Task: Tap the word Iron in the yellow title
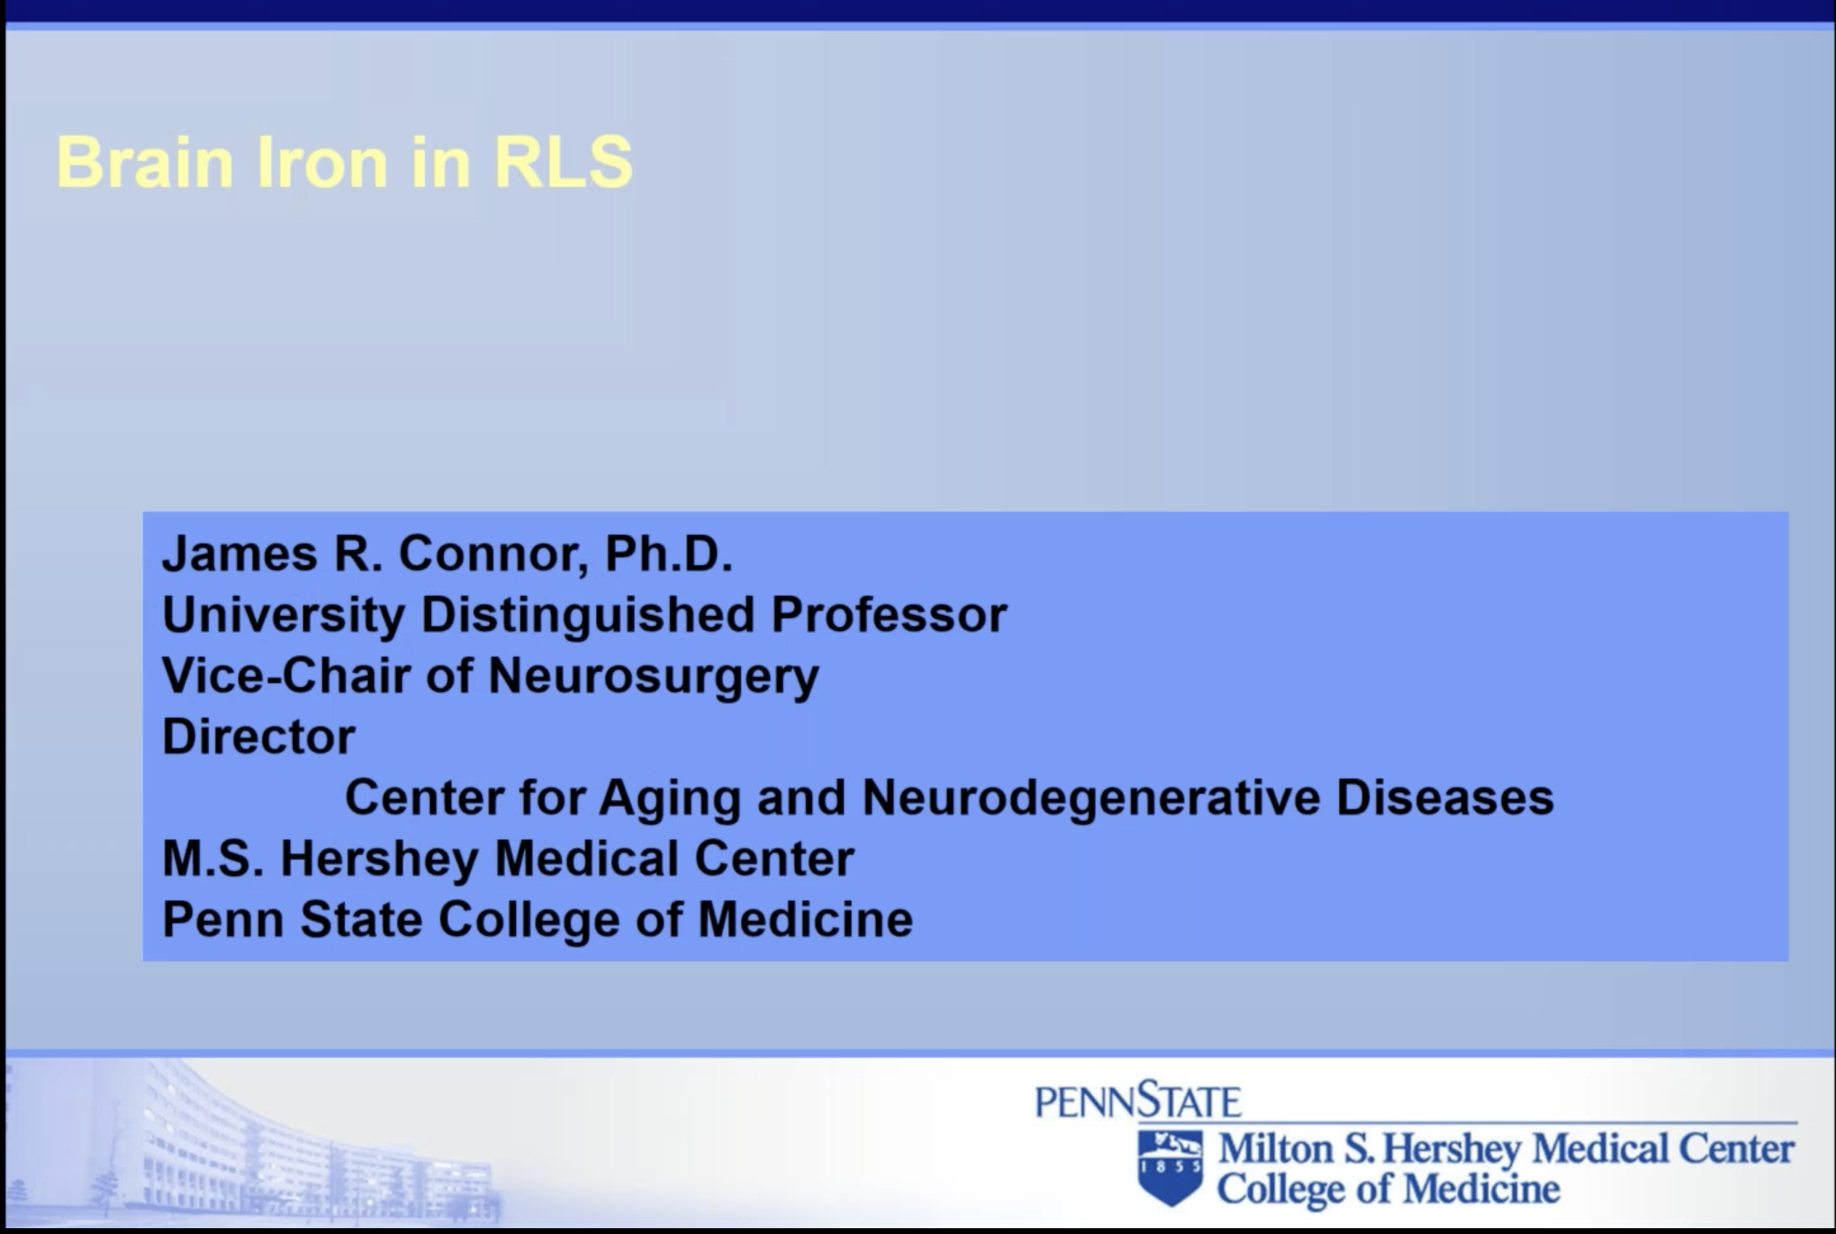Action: coord(322,162)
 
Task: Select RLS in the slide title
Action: coord(563,162)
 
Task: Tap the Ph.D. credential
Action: coord(668,553)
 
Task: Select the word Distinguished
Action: coord(589,616)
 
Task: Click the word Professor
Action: coord(889,615)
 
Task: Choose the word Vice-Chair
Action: coord(287,675)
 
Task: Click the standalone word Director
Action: coord(259,737)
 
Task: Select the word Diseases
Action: coord(1445,797)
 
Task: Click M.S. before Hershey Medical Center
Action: coord(213,859)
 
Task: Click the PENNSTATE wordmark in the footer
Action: coord(1139,1100)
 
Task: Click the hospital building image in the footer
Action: coord(252,1141)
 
